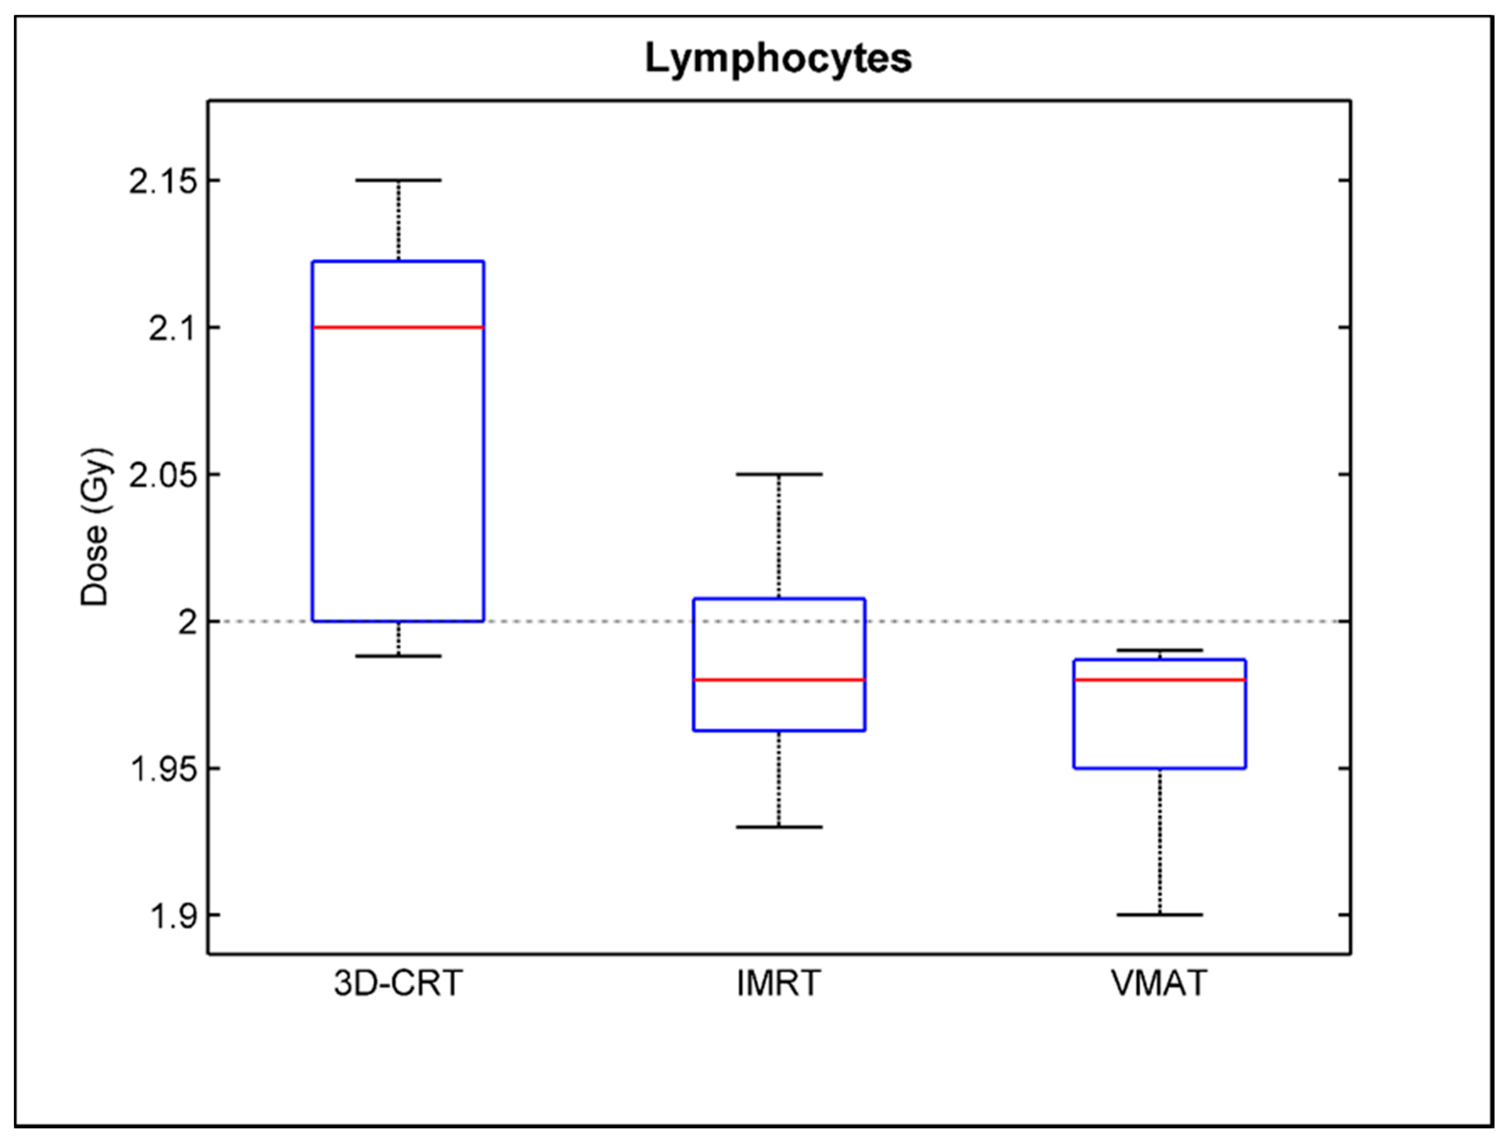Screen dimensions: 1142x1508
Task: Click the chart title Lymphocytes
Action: (778, 59)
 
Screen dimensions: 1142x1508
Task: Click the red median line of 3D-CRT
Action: (398, 327)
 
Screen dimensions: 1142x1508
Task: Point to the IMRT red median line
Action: (778, 680)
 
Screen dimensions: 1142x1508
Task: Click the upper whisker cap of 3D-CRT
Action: (398, 180)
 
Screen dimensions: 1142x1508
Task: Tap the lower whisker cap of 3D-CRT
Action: (398, 656)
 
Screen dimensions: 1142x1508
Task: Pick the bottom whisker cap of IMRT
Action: (778, 827)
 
